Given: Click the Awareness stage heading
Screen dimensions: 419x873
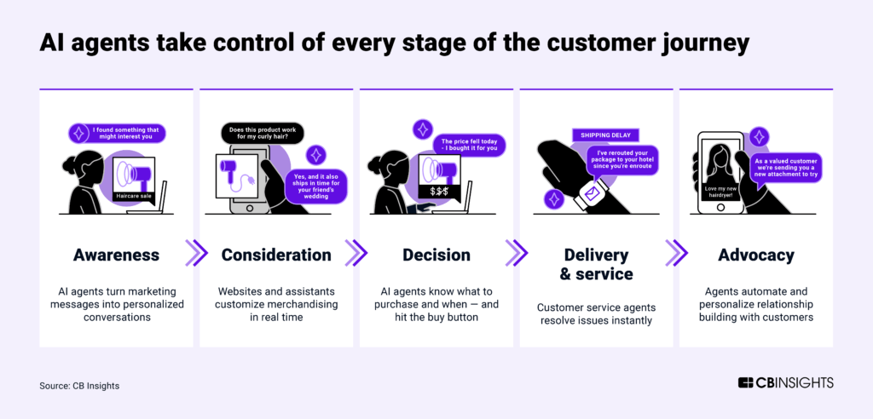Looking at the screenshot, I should click(116, 255).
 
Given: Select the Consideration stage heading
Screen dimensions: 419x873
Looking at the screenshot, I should click(276, 255).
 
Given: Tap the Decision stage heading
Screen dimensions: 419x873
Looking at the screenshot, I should click(436, 255).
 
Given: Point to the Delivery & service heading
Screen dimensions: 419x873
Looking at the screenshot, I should click(597, 264).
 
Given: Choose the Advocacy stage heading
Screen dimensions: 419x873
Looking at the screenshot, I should click(756, 255).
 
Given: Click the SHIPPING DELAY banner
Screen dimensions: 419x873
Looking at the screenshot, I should click(604, 135).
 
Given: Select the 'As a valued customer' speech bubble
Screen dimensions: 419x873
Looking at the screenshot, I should click(788, 168).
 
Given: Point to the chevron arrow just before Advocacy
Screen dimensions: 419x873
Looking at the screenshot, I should click(676, 253).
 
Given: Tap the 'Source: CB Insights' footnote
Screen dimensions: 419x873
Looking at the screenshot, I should click(79, 386).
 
